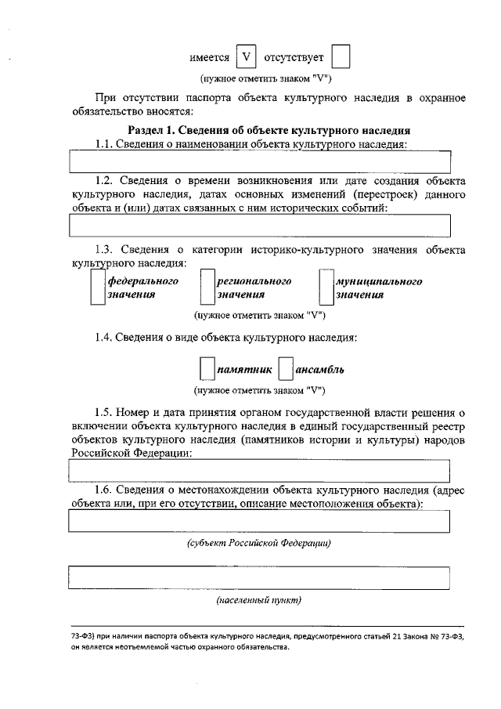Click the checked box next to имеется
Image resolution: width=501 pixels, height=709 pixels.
(247, 58)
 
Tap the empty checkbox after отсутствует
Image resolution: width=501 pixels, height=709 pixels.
(341, 58)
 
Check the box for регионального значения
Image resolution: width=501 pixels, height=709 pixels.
(207, 288)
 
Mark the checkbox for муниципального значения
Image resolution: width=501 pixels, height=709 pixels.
(326, 288)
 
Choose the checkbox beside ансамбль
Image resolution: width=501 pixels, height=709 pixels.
(286, 369)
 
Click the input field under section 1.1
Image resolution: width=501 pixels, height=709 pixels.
(260, 161)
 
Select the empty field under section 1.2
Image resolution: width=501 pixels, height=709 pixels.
(260, 226)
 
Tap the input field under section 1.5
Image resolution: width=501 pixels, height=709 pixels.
(260, 471)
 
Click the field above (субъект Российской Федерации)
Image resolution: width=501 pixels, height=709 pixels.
(260, 521)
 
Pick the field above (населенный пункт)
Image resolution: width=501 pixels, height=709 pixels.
(260, 577)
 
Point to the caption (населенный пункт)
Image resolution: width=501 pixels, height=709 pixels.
(259, 601)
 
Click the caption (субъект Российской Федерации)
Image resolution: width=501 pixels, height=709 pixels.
(259, 543)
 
